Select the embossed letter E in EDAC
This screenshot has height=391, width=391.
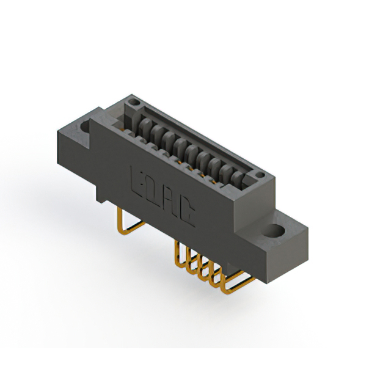coord(139,178)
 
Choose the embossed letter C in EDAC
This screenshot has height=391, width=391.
coord(189,212)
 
